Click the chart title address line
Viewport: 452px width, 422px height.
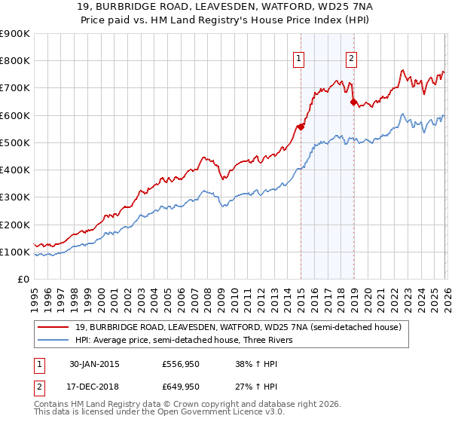(226, 7)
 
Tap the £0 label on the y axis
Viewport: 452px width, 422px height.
(23, 280)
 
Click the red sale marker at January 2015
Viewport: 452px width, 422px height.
(301, 127)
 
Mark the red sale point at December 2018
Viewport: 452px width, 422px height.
(353, 102)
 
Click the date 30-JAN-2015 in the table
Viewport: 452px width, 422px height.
(94, 364)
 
